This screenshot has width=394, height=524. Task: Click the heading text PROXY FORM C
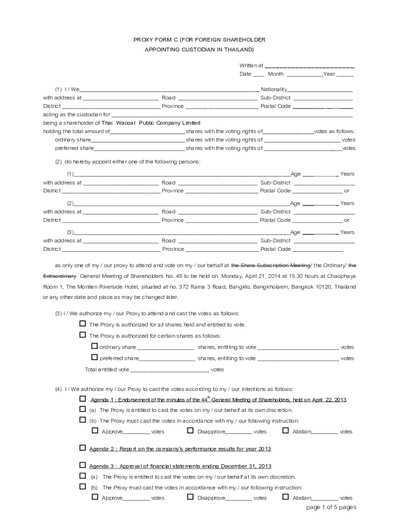point(156,39)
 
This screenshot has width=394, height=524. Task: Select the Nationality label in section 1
point(274,89)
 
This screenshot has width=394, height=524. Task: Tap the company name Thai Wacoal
point(120,123)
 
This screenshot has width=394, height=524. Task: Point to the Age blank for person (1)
point(320,174)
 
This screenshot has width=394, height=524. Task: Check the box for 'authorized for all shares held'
point(82,324)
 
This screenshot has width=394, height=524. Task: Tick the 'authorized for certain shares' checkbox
point(82,335)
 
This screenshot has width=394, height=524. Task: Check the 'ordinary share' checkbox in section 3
point(94,346)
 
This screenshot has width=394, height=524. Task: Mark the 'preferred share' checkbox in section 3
point(94,358)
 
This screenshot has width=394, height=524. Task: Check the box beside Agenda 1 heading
point(82,399)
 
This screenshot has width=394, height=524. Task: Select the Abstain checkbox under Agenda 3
point(286,497)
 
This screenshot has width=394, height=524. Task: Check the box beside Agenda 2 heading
point(82,448)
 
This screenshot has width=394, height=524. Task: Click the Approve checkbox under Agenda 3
point(95,497)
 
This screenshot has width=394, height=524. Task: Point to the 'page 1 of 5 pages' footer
point(331,508)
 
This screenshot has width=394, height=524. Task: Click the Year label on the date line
point(329,74)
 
